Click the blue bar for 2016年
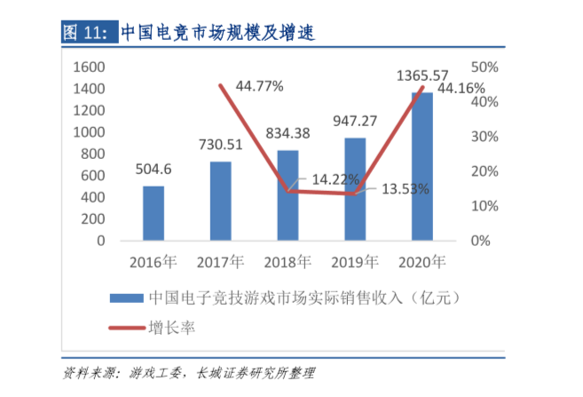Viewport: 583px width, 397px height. [x=154, y=213]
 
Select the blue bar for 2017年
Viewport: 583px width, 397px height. [x=221, y=201]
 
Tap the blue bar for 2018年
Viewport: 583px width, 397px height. [x=288, y=195]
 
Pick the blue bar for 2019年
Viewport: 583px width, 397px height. [x=355, y=189]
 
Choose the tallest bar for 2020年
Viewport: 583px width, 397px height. [x=421, y=166]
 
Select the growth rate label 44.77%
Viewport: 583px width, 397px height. [x=259, y=86]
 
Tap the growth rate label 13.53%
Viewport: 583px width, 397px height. [x=406, y=188]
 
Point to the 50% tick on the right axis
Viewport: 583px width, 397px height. [x=485, y=67]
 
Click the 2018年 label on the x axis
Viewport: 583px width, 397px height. [x=288, y=262]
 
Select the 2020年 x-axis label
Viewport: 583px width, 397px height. [x=421, y=262]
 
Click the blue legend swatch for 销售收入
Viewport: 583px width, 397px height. [x=124, y=298]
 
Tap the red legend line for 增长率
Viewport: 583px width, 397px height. [x=124, y=328]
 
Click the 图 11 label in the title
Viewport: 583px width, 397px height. [x=84, y=34]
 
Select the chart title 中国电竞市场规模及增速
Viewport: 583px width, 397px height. [x=217, y=34]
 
